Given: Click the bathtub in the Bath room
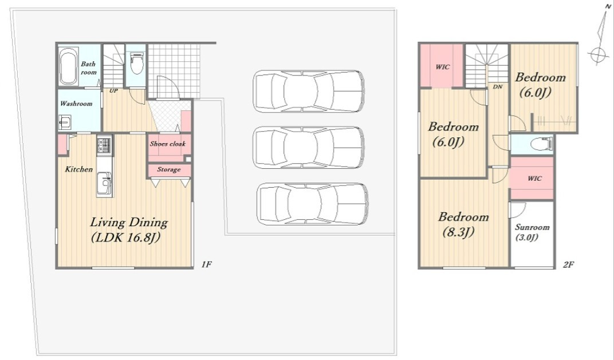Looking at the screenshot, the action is [69, 66].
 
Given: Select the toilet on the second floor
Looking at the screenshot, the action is [541, 144].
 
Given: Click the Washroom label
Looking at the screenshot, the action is [76, 104].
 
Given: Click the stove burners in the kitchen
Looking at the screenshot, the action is [105, 145].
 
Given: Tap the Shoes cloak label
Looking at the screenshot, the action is [168, 144].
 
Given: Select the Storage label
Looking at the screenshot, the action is [169, 169].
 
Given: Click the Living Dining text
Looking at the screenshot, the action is [129, 222].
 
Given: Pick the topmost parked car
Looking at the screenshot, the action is [309, 91].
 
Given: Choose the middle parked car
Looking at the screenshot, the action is [309, 147].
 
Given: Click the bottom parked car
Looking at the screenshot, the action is [313, 204].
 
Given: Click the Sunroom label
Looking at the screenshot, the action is [532, 227].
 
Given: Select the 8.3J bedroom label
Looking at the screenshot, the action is [463, 224].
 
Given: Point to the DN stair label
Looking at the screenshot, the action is [498, 87].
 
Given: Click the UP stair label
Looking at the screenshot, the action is [113, 91].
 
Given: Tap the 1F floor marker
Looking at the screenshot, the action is [206, 264].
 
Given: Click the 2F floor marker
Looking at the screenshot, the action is [568, 264].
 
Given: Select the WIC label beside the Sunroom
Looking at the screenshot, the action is [534, 179].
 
